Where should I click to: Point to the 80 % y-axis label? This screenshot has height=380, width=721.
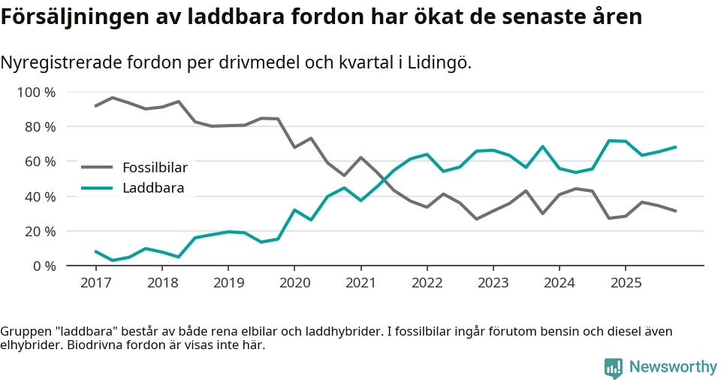39,127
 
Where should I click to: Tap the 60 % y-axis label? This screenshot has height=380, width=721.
39,162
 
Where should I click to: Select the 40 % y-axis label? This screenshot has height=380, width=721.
39,196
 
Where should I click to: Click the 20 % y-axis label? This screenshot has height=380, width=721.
39,231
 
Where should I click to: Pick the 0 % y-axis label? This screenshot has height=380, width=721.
43,266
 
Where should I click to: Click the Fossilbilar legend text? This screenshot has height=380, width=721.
155,168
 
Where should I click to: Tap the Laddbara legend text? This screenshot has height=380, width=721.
153,188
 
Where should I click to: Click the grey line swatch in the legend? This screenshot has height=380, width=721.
97,168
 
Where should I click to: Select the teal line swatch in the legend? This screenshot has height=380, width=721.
97,188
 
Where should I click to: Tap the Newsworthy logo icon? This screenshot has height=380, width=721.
614,367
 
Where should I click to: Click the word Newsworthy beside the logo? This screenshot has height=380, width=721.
673,367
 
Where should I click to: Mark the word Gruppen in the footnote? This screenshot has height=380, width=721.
24,331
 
